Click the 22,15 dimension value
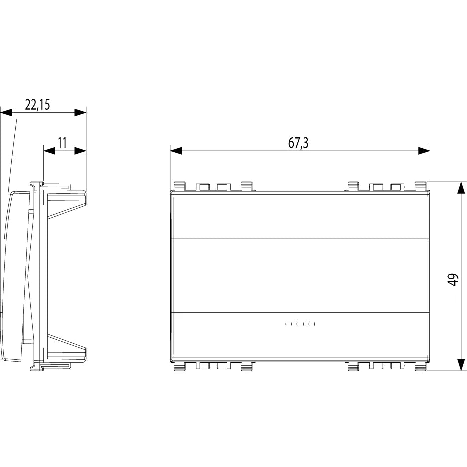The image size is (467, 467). tap(37, 105)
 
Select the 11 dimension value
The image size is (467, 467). tap(62, 143)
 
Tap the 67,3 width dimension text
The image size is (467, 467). tap(298, 143)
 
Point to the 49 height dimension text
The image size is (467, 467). tap(453, 280)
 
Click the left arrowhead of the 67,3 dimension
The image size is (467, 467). tap(176, 151)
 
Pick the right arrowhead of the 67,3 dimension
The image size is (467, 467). tap(424, 151)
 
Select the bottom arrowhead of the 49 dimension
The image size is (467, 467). tap(461, 365)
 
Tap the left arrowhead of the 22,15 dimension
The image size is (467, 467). tap(6, 113)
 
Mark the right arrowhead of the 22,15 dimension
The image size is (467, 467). tap(80, 113)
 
